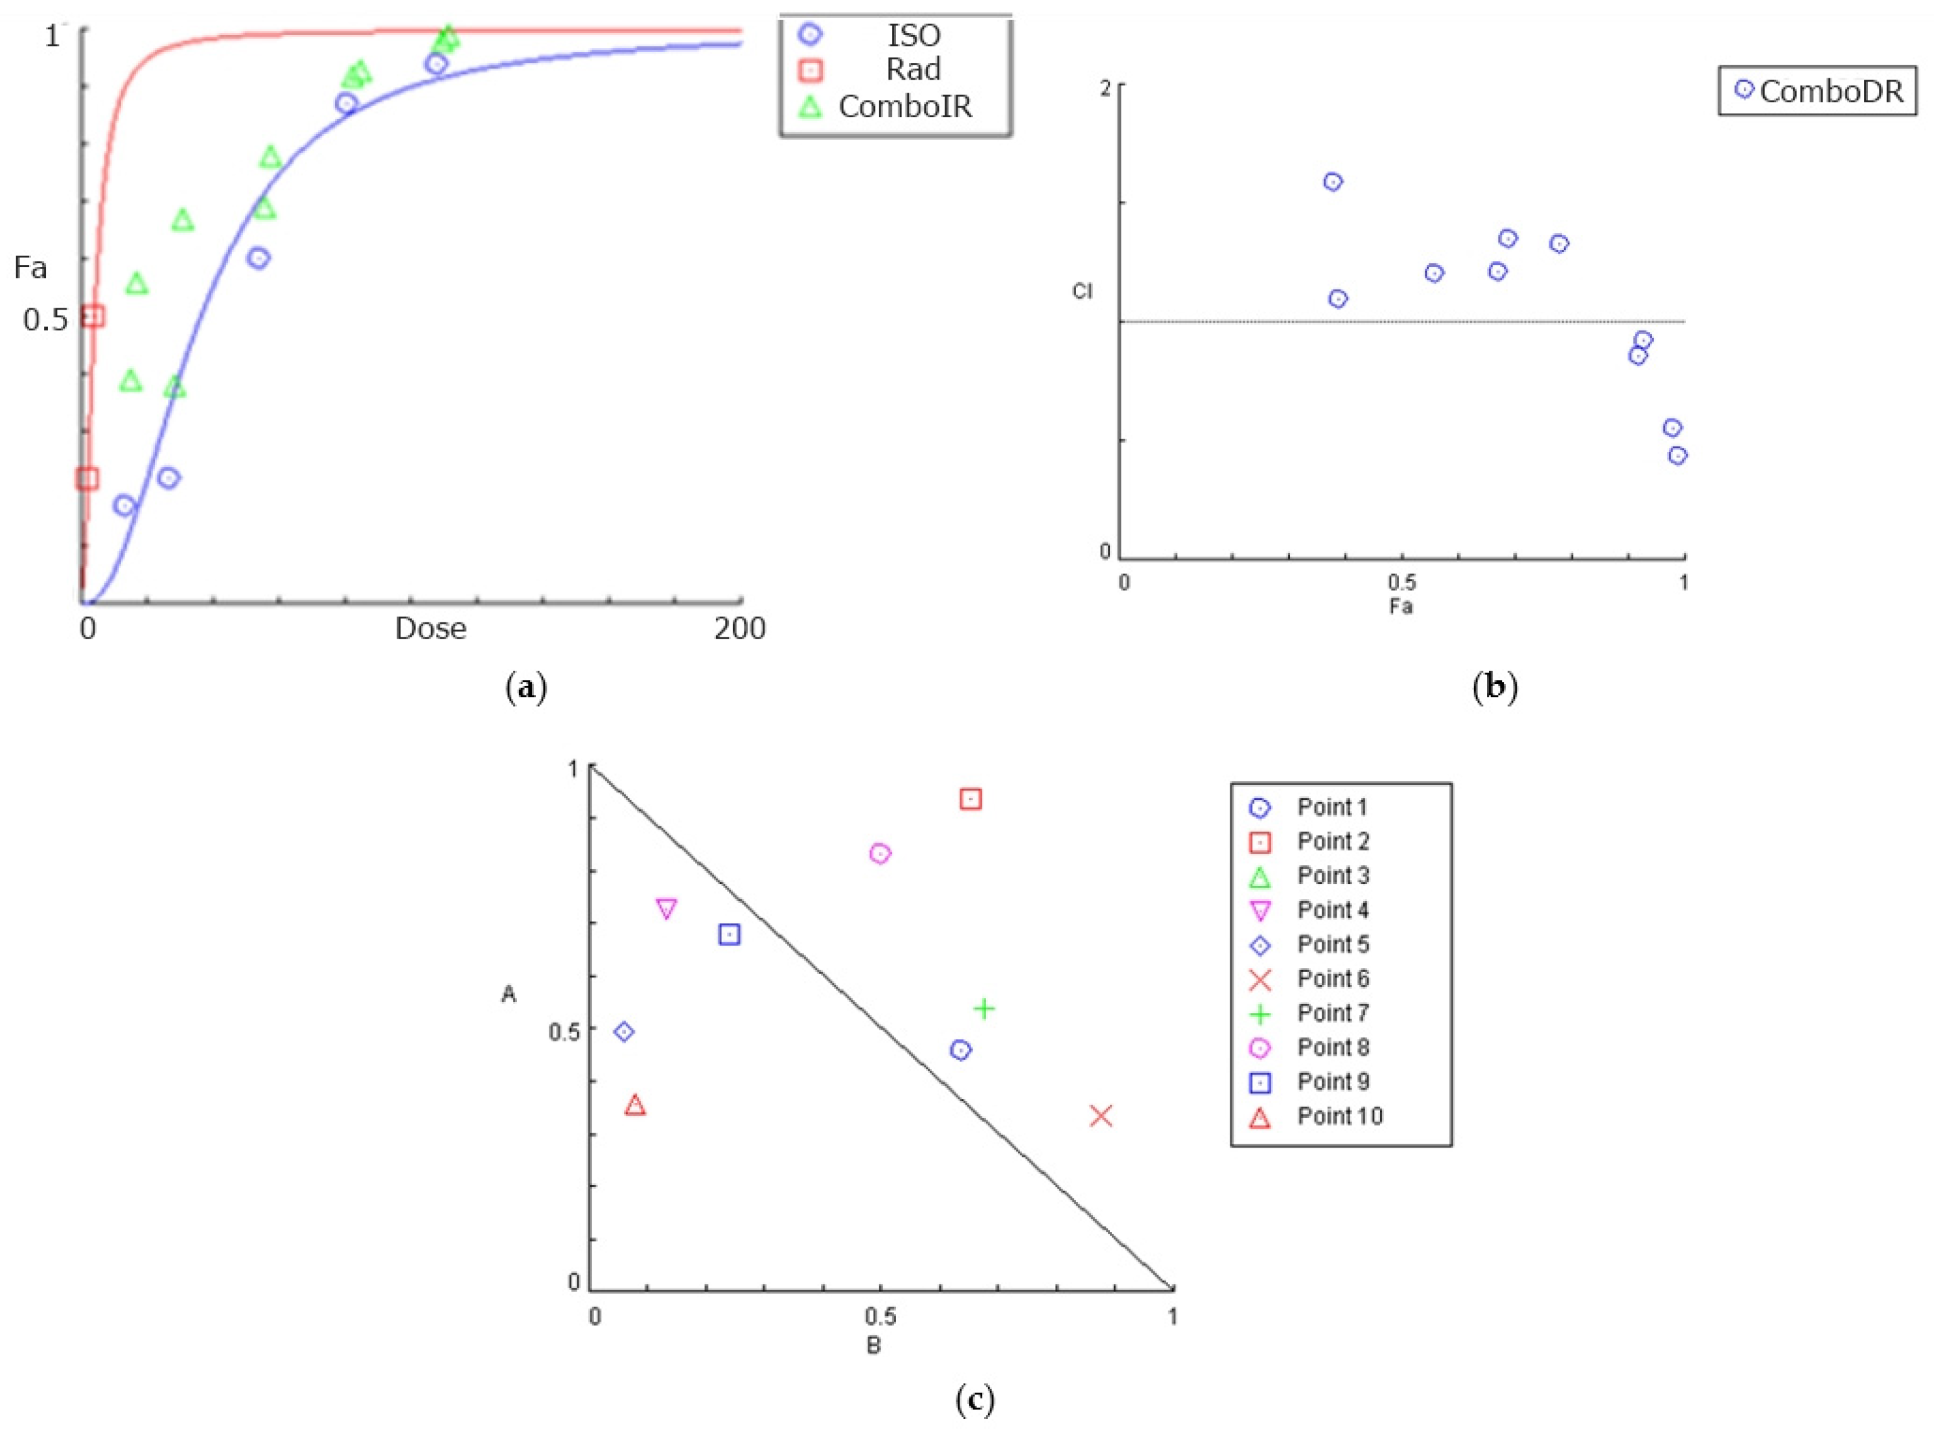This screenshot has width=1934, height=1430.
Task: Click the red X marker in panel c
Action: (1100, 1117)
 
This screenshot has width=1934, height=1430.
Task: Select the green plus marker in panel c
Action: (984, 1008)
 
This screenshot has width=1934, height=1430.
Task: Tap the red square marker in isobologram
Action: (971, 799)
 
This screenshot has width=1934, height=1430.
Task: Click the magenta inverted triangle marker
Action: (666, 909)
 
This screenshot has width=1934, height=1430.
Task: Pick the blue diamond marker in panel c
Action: (623, 1032)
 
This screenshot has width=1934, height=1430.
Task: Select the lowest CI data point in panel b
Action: (1677, 455)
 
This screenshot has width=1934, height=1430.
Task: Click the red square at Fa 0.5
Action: (93, 316)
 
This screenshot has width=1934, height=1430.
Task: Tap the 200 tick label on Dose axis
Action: (739, 628)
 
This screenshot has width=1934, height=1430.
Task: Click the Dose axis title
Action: (430, 628)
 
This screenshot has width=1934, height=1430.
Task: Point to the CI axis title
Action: (1082, 291)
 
